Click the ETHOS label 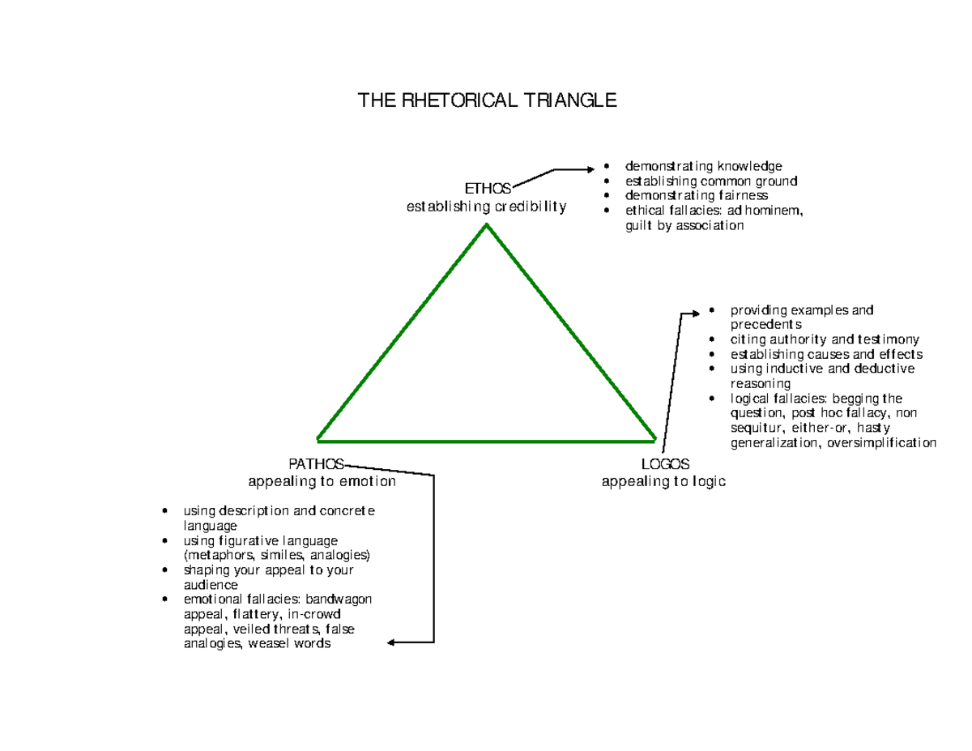(487, 188)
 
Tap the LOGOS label (665, 464)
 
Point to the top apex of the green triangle (486, 225)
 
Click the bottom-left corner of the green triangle (318, 440)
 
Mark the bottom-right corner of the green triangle (654, 440)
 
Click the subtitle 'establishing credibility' (486, 207)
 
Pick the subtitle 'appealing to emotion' (322, 481)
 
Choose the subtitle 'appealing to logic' (663, 481)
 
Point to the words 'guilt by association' (684, 226)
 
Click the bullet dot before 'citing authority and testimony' (711, 340)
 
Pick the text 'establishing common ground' (710, 181)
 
